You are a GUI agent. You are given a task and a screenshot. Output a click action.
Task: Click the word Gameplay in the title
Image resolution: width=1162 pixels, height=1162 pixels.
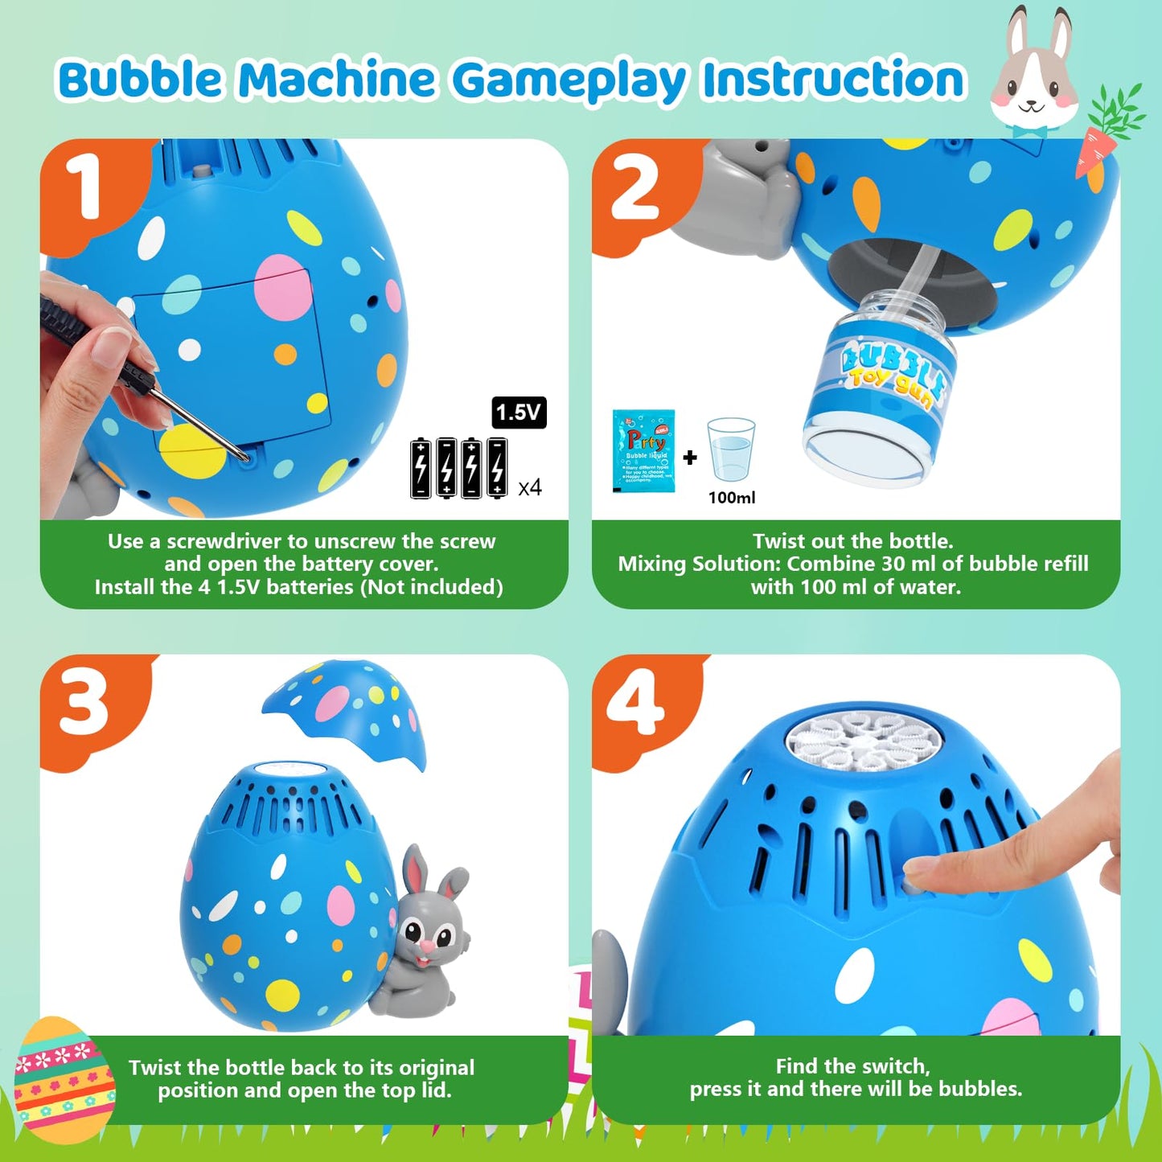coord(569,81)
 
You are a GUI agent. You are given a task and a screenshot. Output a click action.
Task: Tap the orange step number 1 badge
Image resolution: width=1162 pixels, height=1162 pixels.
coord(83,187)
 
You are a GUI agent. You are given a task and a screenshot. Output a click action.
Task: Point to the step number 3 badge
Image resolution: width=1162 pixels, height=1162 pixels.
coord(84,704)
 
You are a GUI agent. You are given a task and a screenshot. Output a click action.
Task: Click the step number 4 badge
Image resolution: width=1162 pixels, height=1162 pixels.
coord(635,703)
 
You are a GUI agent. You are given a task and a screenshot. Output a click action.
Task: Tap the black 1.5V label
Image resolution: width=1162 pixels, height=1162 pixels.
coord(519,413)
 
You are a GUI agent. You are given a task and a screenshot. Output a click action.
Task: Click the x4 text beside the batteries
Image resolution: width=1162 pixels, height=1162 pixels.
coord(529,487)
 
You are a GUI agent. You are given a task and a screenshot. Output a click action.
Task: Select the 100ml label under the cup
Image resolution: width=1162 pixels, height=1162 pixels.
coord(731,498)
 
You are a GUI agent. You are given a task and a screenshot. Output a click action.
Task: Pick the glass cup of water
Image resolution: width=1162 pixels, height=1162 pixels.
coord(731,450)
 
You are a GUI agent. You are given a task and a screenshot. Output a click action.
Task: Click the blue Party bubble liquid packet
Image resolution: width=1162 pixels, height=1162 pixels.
coord(643,450)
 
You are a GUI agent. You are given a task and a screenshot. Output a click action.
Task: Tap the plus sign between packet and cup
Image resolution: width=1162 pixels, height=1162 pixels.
coord(690,458)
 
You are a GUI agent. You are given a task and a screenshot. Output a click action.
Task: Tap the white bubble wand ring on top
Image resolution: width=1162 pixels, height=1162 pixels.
coord(864,741)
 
